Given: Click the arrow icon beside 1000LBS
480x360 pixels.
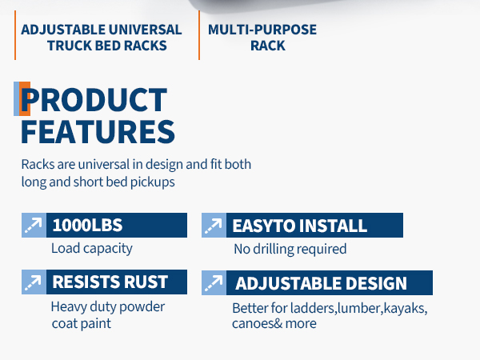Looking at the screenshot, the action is pos(34,226).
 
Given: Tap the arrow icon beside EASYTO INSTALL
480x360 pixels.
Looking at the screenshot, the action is pos(214,226).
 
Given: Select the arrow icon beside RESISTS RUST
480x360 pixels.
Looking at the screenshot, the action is pos(34,282).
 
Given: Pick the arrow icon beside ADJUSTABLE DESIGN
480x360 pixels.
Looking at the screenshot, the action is pos(214,283).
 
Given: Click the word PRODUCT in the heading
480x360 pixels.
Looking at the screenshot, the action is pos(94,100).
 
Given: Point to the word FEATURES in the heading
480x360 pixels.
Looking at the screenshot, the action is pos(98,132).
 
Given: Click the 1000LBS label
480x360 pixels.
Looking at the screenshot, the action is pos(87,226).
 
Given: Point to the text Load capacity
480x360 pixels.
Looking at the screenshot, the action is pos(92,248).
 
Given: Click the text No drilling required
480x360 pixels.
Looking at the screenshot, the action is pos(290,249).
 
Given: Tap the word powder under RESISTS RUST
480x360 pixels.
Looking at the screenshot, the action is pos(142,307).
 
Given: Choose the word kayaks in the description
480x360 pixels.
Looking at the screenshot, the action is pos(406,308).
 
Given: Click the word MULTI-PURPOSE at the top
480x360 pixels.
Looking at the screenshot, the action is pos(262,30).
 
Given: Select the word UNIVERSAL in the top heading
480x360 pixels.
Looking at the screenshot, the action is pos(145,30).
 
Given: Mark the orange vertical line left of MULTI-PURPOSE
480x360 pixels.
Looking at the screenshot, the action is pos(199,35).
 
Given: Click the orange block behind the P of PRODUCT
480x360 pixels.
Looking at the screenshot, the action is pos(25,99).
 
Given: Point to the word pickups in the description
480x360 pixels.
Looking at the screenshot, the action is pos(153,182).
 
